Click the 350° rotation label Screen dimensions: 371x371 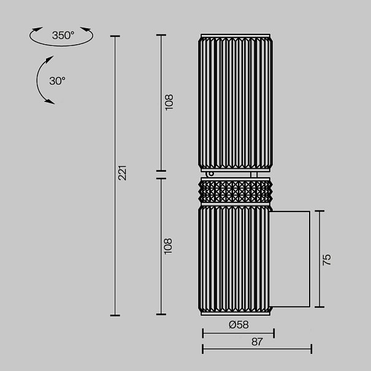[x=63, y=35]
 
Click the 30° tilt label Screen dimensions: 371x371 [x=57, y=81]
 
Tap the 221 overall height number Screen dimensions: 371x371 [x=122, y=173]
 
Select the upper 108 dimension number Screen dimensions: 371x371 [x=169, y=102]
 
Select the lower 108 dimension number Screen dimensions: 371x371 [x=168, y=247]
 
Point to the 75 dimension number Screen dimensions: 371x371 [x=326, y=259]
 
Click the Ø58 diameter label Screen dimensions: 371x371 [x=239, y=324]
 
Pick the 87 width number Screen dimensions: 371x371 [x=257, y=342]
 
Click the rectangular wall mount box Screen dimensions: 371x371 [x=289, y=259]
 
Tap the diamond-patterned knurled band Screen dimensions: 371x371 [x=235, y=191]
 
